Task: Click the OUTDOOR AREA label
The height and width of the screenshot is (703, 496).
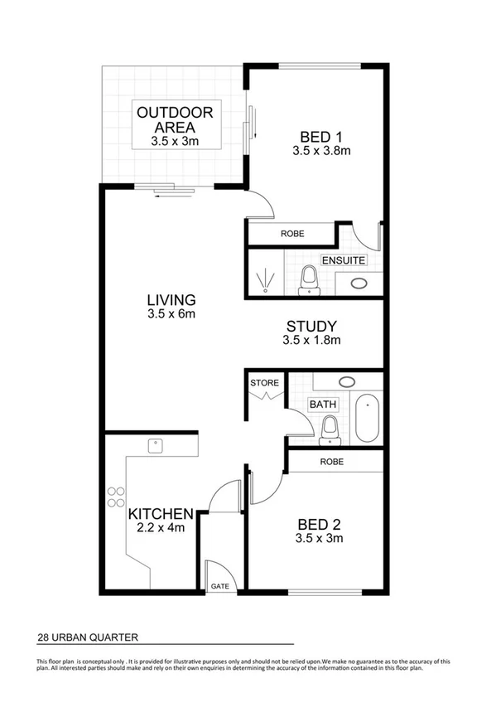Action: point(175,120)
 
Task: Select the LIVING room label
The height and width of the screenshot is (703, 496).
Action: point(171,300)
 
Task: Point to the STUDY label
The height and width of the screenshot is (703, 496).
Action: point(311,327)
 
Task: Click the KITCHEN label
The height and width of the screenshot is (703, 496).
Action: point(161,514)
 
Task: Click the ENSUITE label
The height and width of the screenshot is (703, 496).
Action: point(344,260)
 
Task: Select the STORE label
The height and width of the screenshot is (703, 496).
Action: point(265,383)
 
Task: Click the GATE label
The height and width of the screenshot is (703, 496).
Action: point(220,585)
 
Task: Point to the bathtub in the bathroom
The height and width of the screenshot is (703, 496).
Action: point(367,419)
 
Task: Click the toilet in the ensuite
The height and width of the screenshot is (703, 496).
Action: point(310,279)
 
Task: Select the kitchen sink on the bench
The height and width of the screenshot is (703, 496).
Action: point(154,447)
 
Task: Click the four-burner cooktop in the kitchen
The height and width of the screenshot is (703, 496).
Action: point(114,495)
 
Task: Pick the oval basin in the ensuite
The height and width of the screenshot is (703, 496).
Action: point(359,283)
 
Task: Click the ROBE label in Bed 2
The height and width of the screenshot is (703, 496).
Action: point(334,462)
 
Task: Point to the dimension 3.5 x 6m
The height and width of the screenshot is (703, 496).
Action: point(171,314)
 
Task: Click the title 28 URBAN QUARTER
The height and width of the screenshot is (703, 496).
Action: point(87,638)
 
